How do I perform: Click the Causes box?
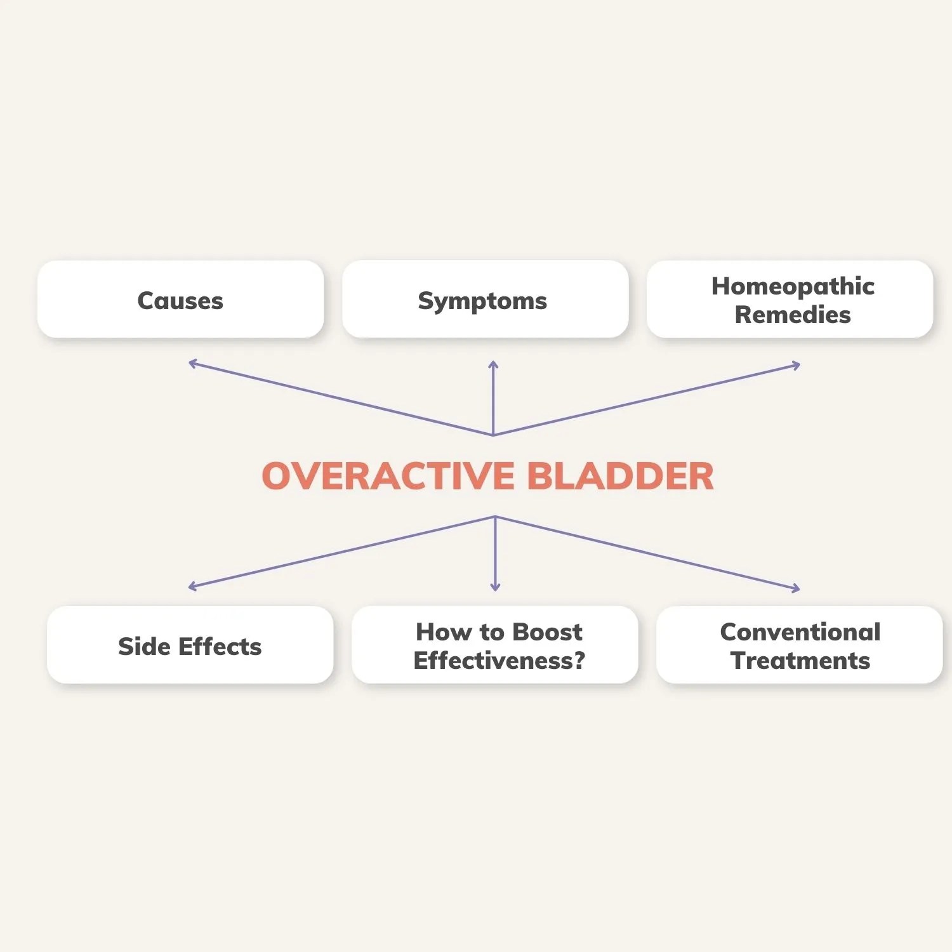pos(180,300)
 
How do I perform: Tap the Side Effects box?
pos(190,645)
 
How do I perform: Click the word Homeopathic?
pos(793,286)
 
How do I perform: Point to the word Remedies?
pos(793,315)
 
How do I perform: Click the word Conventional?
pos(800,632)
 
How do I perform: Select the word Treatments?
pos(800,661)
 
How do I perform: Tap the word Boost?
pos(547,632)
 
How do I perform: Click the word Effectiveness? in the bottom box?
pos(499,661)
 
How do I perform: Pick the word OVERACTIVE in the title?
pos(388,476)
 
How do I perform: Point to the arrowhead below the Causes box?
pos(192,363)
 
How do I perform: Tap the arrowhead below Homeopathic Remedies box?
pos(797,366)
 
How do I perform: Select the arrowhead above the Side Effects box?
pos(192,587)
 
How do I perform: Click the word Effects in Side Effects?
pos(220,646)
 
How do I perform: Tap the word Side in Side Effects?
pos(144,646)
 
